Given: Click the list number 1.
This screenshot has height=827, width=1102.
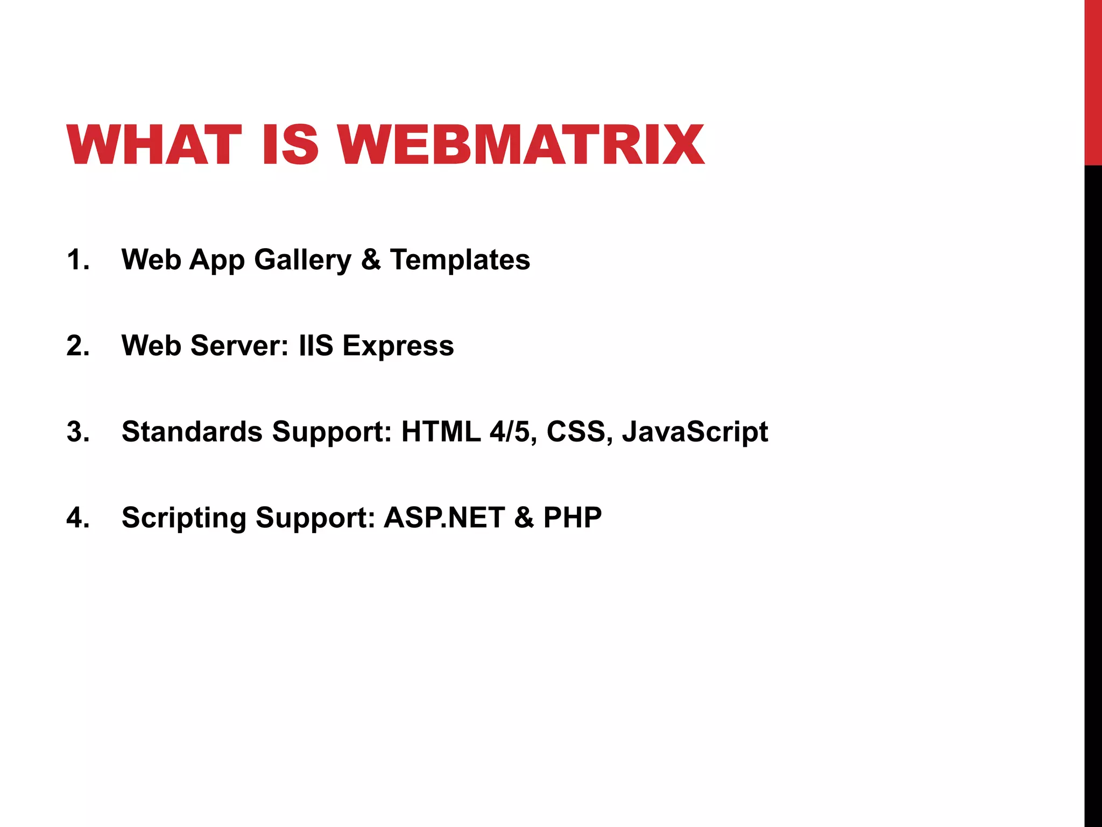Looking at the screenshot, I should point(77,260).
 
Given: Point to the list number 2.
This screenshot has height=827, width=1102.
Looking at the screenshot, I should point(77,346).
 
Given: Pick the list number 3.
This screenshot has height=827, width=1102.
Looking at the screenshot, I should point(77,432).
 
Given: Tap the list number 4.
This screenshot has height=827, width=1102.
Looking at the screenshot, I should point(77,518).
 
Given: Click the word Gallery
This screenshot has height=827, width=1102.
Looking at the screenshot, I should point(302,261).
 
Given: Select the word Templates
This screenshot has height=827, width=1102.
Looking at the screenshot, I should point(460,260).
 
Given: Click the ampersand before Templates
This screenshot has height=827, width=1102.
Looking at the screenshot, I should point(371,260).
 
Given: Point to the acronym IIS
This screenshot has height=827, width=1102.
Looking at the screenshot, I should point(316,346).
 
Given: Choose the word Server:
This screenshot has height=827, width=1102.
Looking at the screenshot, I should point(239,346).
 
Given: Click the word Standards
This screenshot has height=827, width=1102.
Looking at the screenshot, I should point(192,432).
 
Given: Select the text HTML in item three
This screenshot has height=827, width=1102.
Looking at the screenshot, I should point(441,432).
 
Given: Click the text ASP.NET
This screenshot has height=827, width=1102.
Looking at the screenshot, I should point(444,518).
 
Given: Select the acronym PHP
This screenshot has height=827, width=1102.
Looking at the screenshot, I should point(572,518).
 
